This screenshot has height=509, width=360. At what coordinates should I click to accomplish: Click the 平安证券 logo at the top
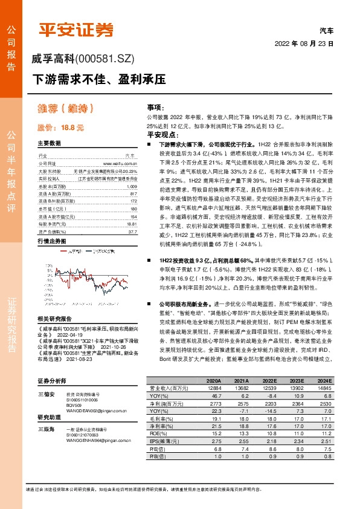click(x=76, y=30)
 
